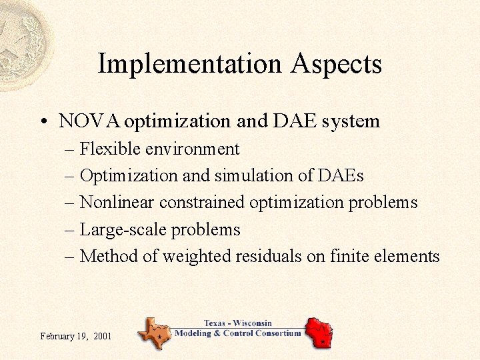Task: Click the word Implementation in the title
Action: click(x=190, y=64)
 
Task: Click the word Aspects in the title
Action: click(x=336, y=64)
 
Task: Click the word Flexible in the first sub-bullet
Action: click(x=104, y=149)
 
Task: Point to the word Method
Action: click(x=108, y=257)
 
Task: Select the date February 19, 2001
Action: click(x=75, y=336)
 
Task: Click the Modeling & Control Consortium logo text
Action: click(x=238, y=333)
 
